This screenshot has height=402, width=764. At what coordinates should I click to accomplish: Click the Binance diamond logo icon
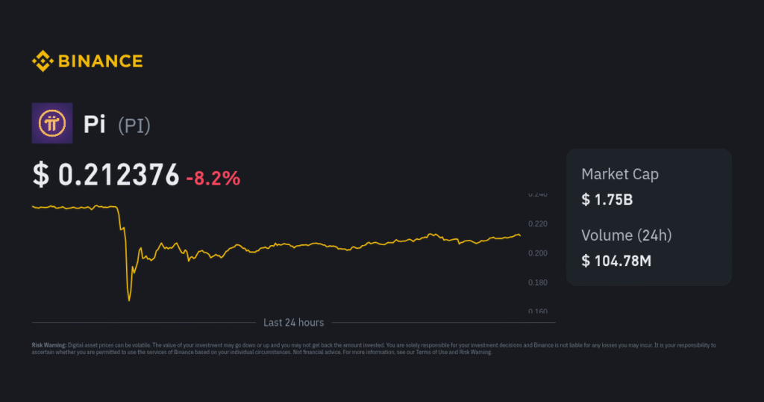[42, 61]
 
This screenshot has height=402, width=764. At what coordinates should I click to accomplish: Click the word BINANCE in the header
[99, 61]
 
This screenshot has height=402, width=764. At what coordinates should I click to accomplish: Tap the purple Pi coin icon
[52, 123]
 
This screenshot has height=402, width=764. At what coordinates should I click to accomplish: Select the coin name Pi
[94, 124]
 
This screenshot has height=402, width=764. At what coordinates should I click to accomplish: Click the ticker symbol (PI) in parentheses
[134, 125]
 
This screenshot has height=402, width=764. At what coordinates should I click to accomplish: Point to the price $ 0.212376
[106, 175]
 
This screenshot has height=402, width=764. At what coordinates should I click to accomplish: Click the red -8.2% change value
[213, 178]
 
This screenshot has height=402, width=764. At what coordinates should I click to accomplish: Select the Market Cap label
[619, 174]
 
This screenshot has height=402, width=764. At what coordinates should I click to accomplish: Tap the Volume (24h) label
[626, 235]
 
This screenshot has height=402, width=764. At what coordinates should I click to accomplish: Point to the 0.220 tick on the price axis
[537, 223]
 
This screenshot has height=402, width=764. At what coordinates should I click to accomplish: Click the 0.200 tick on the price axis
[537, 253]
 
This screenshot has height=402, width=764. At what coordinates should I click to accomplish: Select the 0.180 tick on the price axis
[537, 282]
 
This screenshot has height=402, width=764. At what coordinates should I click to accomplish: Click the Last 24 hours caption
[293, 323]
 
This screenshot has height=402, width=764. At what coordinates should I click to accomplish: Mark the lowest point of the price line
[129, 300]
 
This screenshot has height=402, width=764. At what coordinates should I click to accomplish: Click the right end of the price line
[520, 236]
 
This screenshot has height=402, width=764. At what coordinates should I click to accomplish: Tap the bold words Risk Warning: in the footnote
[48, 345]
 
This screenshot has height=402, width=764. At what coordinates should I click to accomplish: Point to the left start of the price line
[33, 206]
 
